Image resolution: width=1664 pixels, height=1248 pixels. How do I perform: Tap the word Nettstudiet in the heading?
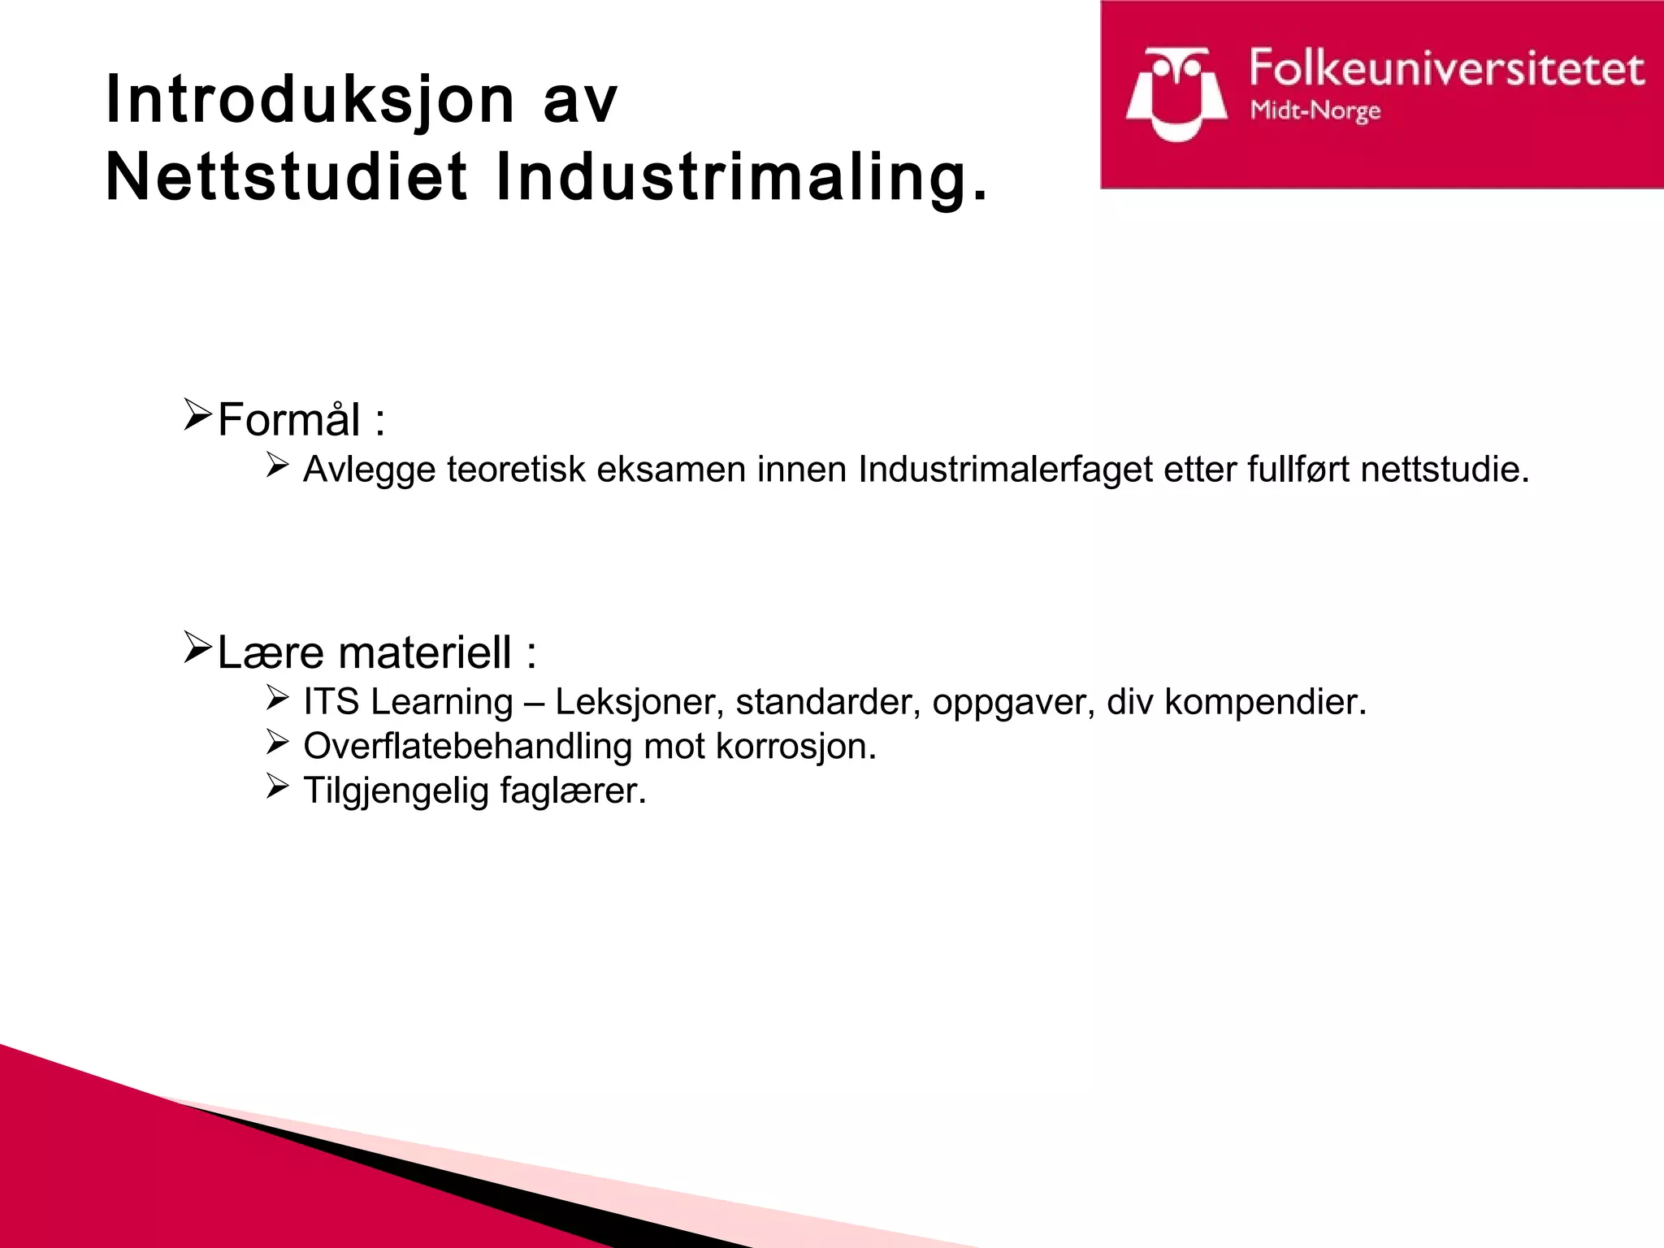[287, 177]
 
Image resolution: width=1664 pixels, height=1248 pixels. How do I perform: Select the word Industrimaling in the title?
[741, 177]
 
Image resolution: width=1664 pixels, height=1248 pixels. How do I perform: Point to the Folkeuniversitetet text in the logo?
[1447, 68]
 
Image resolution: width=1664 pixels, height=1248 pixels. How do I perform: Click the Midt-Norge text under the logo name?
[1315, 110]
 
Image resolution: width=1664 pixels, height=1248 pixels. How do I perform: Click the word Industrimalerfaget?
[1005, 470]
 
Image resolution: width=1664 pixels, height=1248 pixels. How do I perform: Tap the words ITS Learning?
[408, 702]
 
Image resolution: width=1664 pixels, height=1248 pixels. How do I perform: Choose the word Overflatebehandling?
[467, 746]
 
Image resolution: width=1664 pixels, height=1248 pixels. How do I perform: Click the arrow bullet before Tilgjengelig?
[278, 786]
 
